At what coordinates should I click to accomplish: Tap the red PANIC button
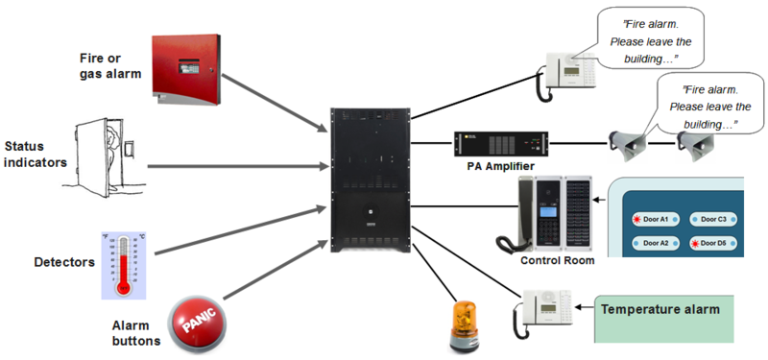click(x=197, y=324)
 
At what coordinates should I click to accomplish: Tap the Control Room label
click(x=557, y=260)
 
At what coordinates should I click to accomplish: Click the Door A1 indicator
click(x=652, y=220)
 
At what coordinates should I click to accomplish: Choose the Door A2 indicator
click(x=652, y=244)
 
